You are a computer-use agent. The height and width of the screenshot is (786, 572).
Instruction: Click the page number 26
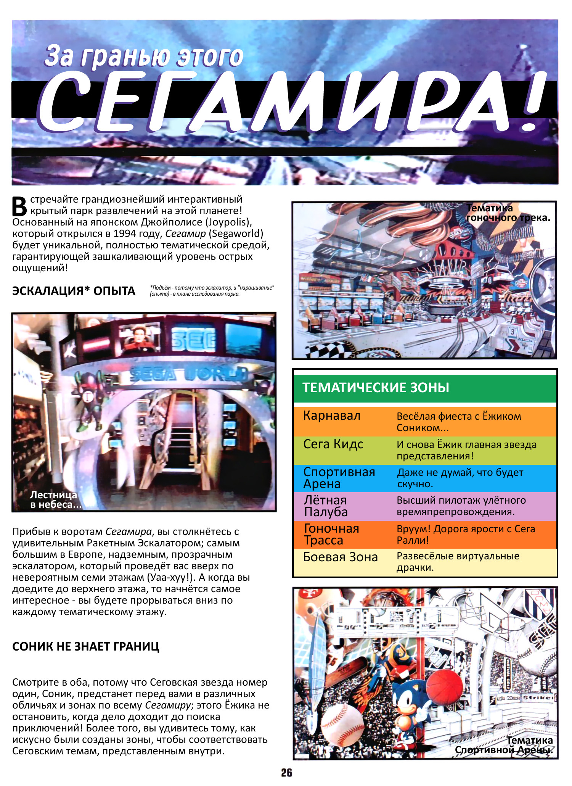tap(286, 773)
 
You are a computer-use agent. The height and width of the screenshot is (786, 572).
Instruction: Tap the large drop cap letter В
tap(19, 206)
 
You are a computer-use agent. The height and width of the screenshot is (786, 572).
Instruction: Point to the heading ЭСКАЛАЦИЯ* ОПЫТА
tap(74, 291)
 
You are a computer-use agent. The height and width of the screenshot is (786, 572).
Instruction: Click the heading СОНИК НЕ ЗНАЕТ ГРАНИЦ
tap(86, 646)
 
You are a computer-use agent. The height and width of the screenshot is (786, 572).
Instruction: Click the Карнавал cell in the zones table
tap(332, 416)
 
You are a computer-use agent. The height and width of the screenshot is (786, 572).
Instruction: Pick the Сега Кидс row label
tap(333, 444)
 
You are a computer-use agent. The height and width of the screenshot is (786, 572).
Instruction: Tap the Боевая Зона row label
tap(340, 557)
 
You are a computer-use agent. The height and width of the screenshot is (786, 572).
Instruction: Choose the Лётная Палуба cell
tap(326, 506)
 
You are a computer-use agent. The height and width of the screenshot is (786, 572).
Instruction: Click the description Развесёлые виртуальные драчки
tap(458, 562)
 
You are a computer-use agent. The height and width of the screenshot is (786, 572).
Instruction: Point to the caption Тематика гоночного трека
tap(508, 213)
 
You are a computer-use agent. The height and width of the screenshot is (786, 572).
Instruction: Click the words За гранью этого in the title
tap(144, 56)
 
